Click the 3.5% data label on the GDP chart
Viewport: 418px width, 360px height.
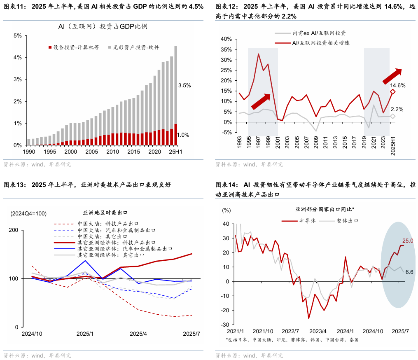(184, 86)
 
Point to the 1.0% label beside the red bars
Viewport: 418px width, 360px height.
(184, 135)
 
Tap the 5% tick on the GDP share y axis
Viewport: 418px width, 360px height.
(18, 36)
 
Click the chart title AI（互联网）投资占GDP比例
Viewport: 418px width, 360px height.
(103, 27)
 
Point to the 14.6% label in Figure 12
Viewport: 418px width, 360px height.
(398, 86)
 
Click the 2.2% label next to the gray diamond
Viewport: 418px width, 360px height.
(397, 110)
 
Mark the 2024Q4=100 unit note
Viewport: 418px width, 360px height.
(28, 213)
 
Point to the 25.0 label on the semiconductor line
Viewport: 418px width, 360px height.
(408, 241)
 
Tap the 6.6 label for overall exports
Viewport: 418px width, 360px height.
(409, 272)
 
